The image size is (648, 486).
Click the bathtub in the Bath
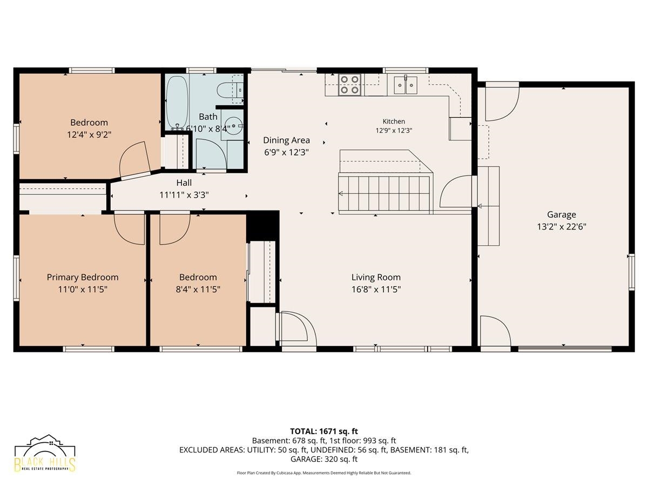tap(177, 102)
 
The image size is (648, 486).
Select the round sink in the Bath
tap(233, 126)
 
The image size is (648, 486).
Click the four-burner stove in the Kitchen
tap(349, 85)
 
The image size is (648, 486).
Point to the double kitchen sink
tap(406, 85)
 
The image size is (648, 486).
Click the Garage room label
tap(561, 214)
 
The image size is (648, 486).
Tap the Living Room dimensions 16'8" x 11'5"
tap(376, 289)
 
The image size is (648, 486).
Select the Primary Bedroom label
tap(83, 278)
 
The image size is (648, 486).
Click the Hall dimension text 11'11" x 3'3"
tap(184, 195)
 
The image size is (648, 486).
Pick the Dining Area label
tap(286, 140)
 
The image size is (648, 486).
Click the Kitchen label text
tap(394, 122)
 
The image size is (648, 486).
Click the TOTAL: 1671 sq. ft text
tap(324, 431)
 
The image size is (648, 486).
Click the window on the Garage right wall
tap(631, 272)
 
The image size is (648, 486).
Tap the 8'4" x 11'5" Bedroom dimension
tap(198, 289)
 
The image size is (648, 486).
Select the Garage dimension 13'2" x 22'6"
tap(561, 227)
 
